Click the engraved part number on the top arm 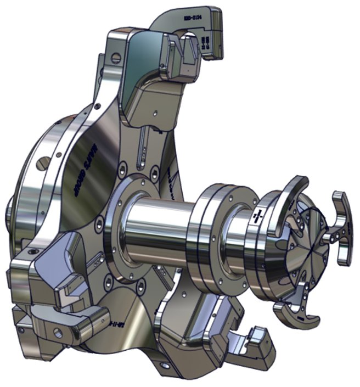click(191, 18)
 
